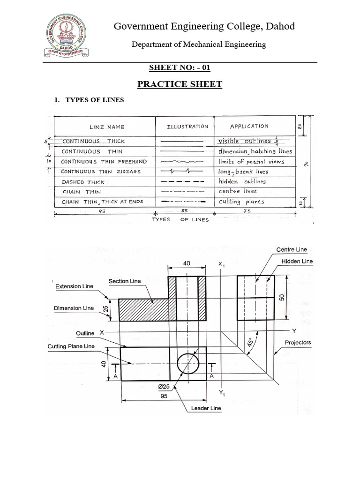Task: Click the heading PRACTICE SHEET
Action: pyautogui.click(x=180, y=84)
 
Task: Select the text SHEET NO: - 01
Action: pyautogui.click(x=180, y=67)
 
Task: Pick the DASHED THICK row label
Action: pyautogui.click(x=79, y=182)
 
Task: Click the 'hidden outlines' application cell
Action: pyautogui.click(x=242, y=181)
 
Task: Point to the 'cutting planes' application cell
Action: pyautogui.click(x=241, y=202)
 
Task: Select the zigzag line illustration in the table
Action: pyautogui.click(x=182, y=171)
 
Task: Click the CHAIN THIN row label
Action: pyautogui.click(x=77, y=192)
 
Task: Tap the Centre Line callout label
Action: pyautogui.click(x=292, y=249)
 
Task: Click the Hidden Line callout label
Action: pyautogui.click(x=297, y=261)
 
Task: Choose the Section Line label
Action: pyautogui.click(x=125, y=281)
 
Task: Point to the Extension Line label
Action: pyautogui.click(x=74, y=286)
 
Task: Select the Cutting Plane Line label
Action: pyautogui.click(x=71, y=346)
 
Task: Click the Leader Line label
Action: pyautogui.click(x=206, y=408)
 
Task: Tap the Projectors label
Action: pyautogui.click(x=298, y=343)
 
